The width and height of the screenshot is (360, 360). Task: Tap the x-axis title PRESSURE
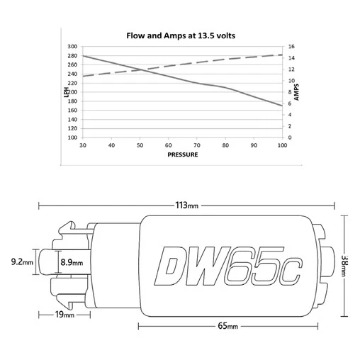pos(182,154)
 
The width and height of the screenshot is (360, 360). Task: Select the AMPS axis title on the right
pos(296,92)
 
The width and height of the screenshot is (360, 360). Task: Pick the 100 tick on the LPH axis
pos(72,137)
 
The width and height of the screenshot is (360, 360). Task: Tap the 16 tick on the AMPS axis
pos(291,47)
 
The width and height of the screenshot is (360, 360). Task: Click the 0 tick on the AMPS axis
pos(289,137)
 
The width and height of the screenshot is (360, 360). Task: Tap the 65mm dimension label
pos(227,326)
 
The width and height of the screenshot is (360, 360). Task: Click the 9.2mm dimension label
pos(23,261)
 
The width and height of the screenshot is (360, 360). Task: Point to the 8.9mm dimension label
pos(72,262)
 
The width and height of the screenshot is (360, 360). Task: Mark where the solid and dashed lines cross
pos(144,69)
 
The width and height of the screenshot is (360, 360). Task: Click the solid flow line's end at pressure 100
pos(282,106)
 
